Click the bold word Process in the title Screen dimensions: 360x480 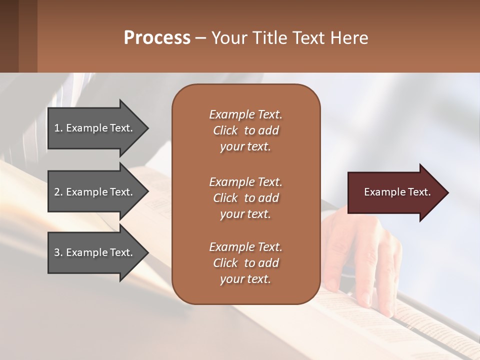pos(157,38)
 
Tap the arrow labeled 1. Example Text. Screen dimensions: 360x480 pos(95,128)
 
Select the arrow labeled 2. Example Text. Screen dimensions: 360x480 pos(95,192)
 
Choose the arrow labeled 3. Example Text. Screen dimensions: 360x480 pos(95,252)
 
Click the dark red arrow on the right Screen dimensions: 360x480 pos(395,192)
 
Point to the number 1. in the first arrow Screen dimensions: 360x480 pos(58,128)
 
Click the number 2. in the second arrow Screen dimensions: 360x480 pos(58,192)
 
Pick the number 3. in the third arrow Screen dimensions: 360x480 pos(58,252)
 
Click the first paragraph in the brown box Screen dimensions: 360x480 pos(245,130)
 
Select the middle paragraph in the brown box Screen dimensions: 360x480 pos(245,197)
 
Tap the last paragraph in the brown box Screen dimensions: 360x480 pos(245,263)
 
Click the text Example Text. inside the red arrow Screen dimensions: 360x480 pos(397,192)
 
